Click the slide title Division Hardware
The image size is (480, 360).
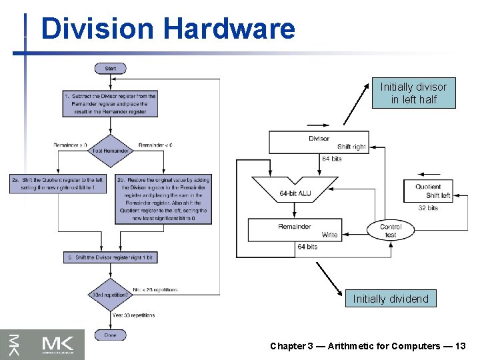click(167, 29)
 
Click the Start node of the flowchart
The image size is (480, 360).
click(111, 68)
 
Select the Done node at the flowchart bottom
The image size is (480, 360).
click(111, 335)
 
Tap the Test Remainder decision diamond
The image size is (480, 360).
click(111, 150)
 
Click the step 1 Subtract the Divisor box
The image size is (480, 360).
click(111, 104)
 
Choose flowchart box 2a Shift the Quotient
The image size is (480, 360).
click(57, 184)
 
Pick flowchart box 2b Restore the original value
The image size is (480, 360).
click(164, 199)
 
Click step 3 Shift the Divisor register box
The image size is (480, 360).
click(111, 257)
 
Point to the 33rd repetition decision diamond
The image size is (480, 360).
click(111, 293)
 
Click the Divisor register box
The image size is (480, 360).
click(319, 142)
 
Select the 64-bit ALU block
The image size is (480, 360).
click(295, 192)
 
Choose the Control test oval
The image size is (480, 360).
click(391, 231)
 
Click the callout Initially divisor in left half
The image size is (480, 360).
click(413, 93)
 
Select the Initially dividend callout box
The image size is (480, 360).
click(391, 299)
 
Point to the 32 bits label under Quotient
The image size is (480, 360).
click(427, 208)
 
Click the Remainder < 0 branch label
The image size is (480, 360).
click(155, 145)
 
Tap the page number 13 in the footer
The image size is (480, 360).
click(459, 346)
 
